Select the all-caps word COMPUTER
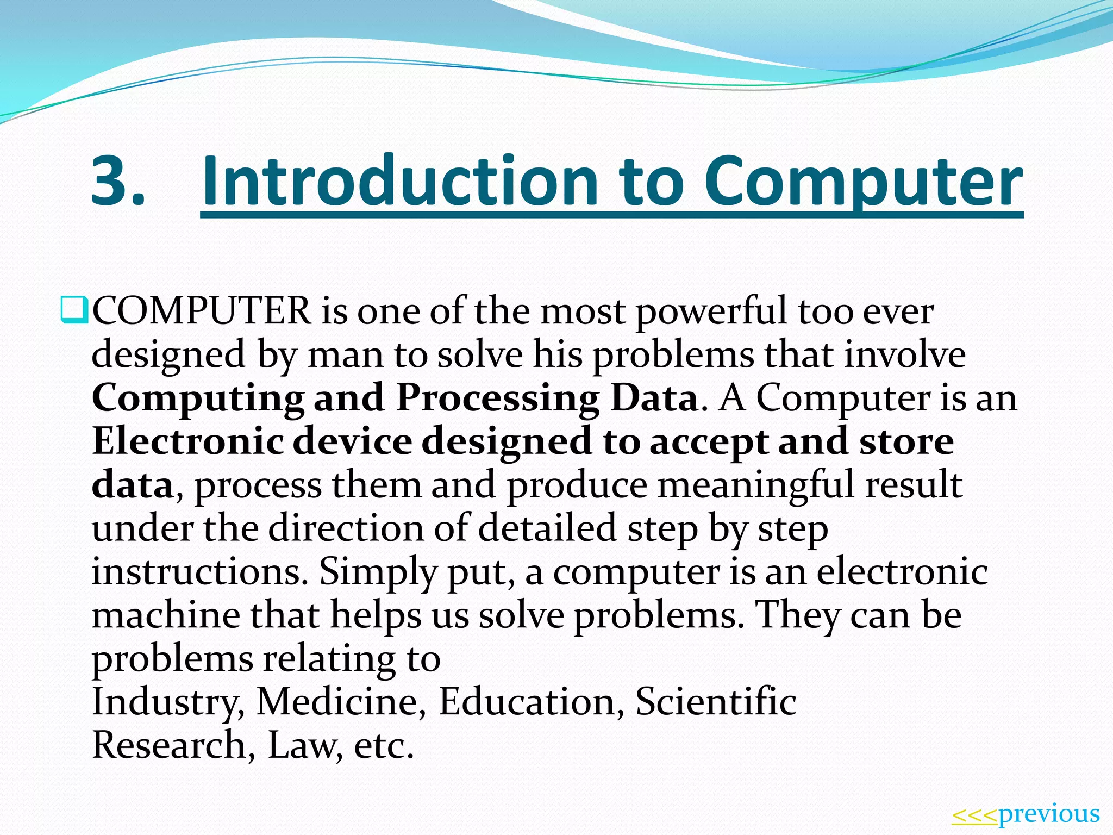click(x=202, y=311)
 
